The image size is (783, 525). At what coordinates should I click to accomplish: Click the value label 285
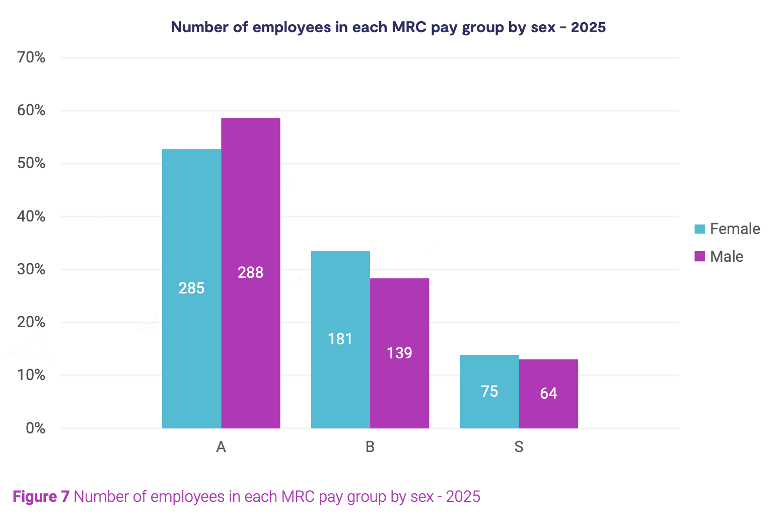click(191, 288)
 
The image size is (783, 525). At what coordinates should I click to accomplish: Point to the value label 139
click(400, 353)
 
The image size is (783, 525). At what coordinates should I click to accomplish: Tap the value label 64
click(548, 393)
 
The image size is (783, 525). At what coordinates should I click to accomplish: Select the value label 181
click(340, 339)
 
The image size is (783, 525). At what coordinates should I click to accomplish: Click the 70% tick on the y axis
click(31, 57)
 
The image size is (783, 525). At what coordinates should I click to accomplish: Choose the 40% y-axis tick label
click(31, 216)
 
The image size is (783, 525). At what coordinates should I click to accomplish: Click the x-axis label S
click(519, 447)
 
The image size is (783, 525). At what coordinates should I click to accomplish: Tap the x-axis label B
click(370, 447)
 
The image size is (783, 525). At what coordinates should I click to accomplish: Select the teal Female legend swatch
click(699, 229)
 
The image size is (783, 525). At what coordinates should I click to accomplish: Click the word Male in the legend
click(727, 257)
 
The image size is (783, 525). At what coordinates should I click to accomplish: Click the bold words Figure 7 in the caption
click(41, 497)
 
